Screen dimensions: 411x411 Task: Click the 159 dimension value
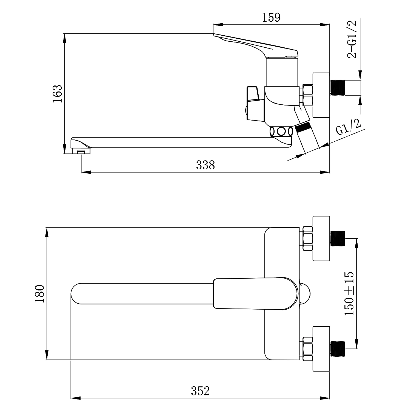272,18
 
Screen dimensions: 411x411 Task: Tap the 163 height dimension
58,94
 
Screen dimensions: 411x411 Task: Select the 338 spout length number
206,165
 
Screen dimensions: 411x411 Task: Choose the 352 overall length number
200,391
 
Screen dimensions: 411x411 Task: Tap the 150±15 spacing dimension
349,293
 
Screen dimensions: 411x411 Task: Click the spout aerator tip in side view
81,151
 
